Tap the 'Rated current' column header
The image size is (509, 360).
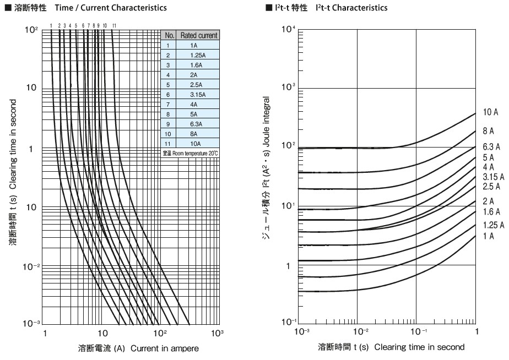click(199, 35)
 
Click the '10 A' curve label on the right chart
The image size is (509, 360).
click(490, 113)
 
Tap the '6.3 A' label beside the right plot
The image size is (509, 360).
click(490, 147)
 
